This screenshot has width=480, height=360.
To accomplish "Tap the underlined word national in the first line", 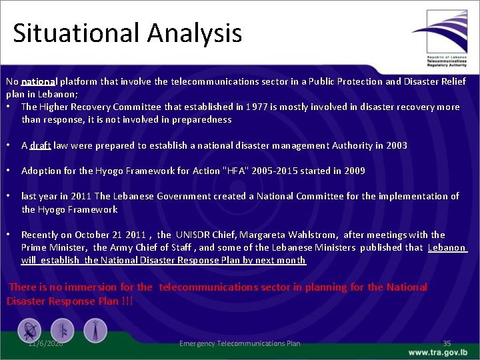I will pos(39,81).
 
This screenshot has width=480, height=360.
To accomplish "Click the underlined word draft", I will pos(41,145).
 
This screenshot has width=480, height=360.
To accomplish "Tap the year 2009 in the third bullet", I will pos(354,171).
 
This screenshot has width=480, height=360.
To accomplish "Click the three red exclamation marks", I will pos(126,301).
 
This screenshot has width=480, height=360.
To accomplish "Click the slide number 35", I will pos(447,343).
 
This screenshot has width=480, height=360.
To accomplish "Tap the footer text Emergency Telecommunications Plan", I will pos(240,343).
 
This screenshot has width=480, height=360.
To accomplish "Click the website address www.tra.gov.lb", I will pos(438,352).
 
